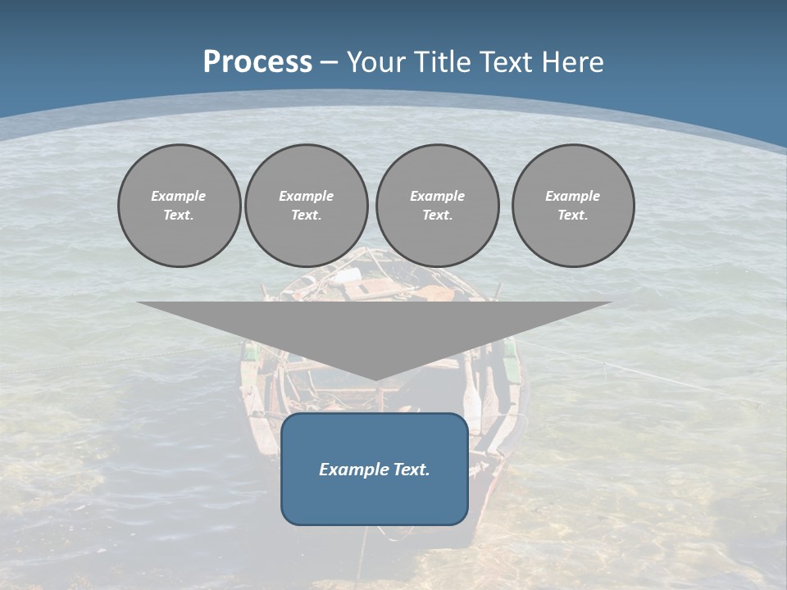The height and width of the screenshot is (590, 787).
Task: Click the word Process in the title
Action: (x=257, y=62)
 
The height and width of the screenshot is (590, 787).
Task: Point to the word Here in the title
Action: (x=573, y=62)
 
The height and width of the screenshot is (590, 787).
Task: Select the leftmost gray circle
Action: (x=180, y=206)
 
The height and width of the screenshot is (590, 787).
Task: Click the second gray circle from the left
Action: (x=307, y=206)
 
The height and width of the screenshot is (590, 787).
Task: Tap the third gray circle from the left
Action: (x=438, y=206)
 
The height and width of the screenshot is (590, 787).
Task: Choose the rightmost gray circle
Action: (x=573, y=206)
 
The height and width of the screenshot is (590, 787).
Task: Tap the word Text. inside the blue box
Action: (x=411, y=470)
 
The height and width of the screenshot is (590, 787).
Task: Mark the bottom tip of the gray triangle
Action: (x=375, y=379)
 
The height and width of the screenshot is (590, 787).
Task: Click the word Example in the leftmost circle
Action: (x=179, y=196)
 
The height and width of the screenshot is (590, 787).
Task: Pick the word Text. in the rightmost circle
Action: (x=573, y=216)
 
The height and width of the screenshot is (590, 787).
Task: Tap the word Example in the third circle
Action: (x=438, y=196)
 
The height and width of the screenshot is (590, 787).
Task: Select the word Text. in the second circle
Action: (x=307, y=216)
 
